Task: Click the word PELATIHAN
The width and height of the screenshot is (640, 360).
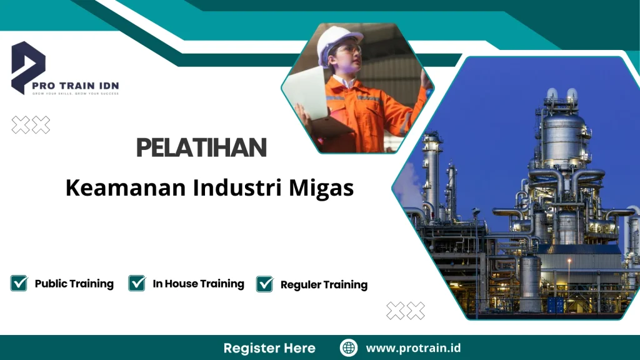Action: [x=201, y=148]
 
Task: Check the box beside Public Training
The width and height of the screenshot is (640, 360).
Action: [x=19, y=283]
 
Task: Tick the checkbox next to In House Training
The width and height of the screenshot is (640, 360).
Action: [x=137, y=283]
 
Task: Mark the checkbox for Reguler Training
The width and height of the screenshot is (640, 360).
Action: [x=265, y=284]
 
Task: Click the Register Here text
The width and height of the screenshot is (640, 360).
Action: [x=269, y=348]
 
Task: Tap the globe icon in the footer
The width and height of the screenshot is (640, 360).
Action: [x=349, y=348]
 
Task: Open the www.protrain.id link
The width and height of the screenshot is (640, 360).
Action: [x=413, y=348]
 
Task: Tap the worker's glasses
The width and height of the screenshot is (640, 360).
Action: [x=350, y=49]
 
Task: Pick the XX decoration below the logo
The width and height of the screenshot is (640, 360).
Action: [x=31, y=125]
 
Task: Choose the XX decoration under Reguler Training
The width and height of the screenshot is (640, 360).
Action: [x=405, y=310]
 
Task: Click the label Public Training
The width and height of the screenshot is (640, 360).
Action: [x=74, y=284]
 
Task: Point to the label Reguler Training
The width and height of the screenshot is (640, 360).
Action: [x=324, y=285]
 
